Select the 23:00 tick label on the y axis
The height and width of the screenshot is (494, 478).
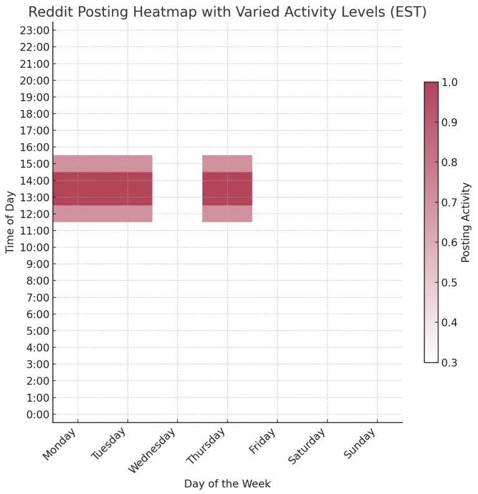(x=34, y=30)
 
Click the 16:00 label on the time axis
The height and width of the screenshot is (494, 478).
(x=34, y=147)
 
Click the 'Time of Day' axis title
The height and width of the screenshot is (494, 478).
(x=10, y=222)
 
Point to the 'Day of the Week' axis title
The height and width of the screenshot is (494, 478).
(x=227, y=483)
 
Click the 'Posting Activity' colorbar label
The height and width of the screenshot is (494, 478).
(x=466, y=221)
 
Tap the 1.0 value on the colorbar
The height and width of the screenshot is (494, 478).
(x=449, y=82)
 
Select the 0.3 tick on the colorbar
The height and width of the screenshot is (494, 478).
(x=449, y=362)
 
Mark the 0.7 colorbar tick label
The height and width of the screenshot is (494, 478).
(x=449, y=202)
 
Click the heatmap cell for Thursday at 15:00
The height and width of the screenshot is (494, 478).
(x=227, y=164)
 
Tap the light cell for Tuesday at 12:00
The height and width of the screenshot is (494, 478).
(x=128, y=214)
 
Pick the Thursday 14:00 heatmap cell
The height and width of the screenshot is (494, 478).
(x=227, y=180)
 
